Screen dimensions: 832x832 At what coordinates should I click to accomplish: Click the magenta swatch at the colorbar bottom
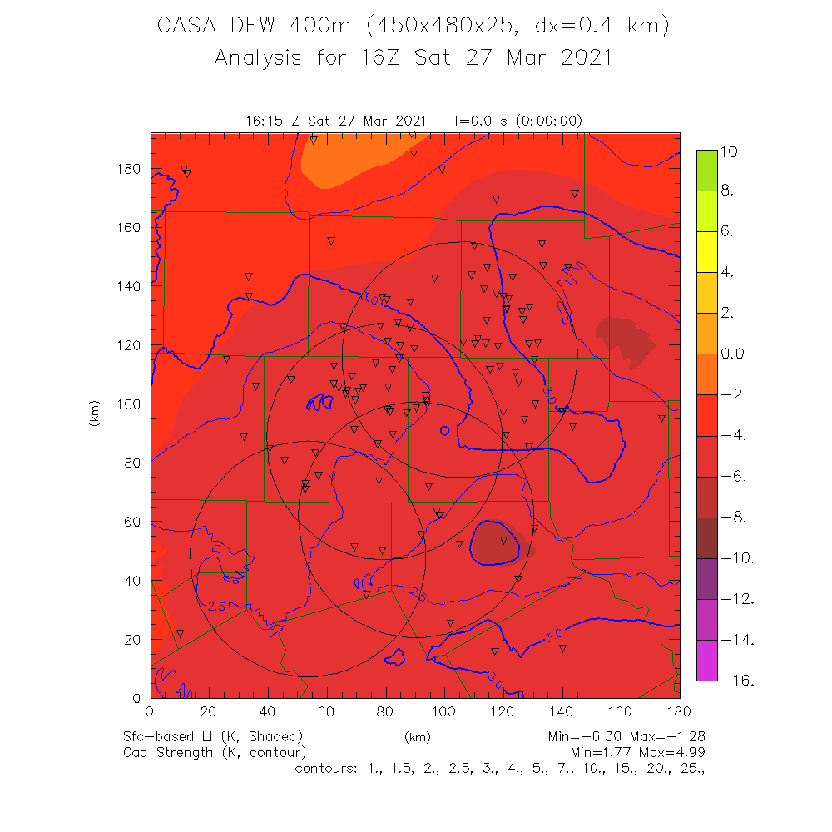[706, 661]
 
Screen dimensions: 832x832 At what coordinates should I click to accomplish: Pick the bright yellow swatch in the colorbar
[706, 252]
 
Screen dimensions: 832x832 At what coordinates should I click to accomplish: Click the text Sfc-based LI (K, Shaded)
[213, 736]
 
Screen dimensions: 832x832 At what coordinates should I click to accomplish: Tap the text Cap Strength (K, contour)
[215, 752]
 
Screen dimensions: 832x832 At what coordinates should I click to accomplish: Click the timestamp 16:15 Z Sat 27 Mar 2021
[336, 121]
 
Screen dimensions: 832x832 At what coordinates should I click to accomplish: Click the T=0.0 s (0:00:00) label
[518, 121]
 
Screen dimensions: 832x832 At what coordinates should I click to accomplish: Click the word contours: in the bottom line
[327, 768]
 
